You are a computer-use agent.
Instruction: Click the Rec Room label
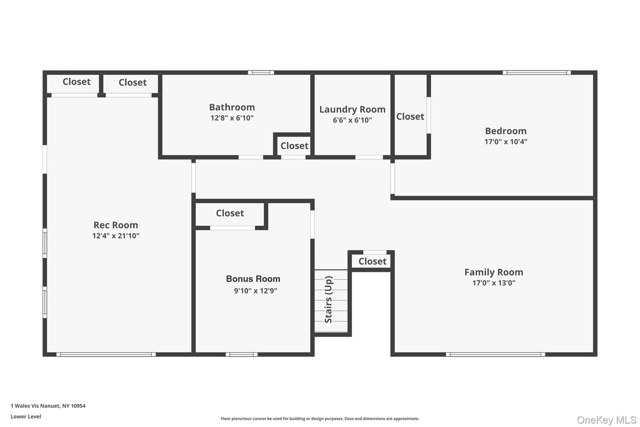point(116,225)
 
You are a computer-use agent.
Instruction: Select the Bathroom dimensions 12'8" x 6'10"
point(232,118)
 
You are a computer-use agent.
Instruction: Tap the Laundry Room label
point(352,109)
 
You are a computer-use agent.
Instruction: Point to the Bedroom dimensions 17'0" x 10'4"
point(506,142)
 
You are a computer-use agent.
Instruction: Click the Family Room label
point(494,272)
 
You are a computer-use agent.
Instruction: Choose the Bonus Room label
point(253,279)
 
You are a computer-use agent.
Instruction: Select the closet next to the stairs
point(372,261)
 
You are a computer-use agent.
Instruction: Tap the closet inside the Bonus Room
point(230,213)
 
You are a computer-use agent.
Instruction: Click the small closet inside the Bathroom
point(294,146)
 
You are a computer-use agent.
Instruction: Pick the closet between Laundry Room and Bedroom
point(410,116)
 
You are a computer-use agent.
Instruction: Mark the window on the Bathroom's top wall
point(261,72)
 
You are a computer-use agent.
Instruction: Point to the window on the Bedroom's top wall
point(537,72)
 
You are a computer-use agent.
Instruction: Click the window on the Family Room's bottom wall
point(495,354)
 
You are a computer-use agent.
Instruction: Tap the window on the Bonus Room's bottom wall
point(241,354)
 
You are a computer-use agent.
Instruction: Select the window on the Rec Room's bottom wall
point(106,354)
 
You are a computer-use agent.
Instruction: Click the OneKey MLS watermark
point(606,420)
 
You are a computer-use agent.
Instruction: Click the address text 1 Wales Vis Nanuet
point(48,406)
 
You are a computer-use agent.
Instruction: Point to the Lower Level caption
point(25,416)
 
